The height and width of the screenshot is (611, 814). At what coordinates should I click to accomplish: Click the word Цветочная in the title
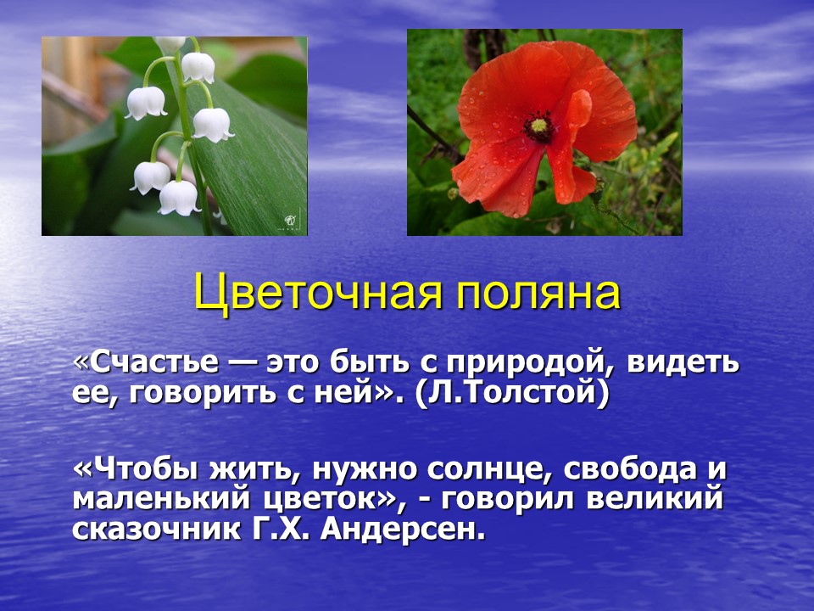(318, 293)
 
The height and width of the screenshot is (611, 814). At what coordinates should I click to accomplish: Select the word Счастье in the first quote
(154, 362)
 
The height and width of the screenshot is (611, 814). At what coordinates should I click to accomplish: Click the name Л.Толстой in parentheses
(512, 392)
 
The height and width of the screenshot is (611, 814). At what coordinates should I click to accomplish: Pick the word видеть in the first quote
(683, 362)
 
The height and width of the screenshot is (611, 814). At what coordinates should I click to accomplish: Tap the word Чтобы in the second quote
(145, 469)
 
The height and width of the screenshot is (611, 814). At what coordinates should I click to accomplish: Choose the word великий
(655, 499)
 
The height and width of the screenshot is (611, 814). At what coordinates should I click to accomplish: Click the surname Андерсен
(403, 528)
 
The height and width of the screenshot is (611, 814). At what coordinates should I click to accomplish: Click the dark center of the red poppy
(538, 126)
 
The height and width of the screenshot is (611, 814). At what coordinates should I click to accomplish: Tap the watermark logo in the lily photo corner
(291, 221)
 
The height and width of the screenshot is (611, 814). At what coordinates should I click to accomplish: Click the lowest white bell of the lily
(179, 198)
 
